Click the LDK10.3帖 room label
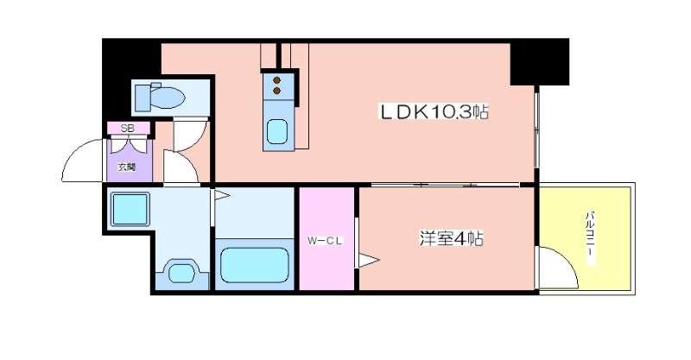(434, 112)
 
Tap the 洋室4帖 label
(451, 239)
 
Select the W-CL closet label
(325, 241)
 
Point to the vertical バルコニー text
(590, 238)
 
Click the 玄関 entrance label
(126, 167)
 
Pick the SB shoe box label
(127, 129)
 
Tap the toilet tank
(143, 98)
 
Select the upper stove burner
(276, 80)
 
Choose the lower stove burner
(276, 91)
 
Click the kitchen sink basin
(277, 132)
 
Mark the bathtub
(255, 265)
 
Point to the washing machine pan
(130, 209)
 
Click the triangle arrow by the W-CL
(369, 260)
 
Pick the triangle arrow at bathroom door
(222, 194)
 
